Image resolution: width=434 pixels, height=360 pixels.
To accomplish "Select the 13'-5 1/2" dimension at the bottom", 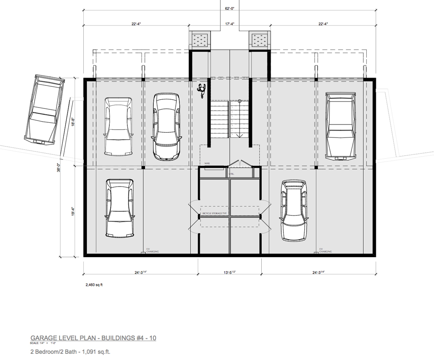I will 229,273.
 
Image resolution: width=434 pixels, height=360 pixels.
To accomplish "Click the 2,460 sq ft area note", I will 95,285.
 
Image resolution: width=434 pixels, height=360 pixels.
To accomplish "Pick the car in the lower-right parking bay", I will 296,210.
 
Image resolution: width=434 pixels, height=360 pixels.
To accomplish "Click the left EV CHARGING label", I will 152,251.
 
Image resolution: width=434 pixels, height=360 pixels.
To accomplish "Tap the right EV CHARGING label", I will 325,251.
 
